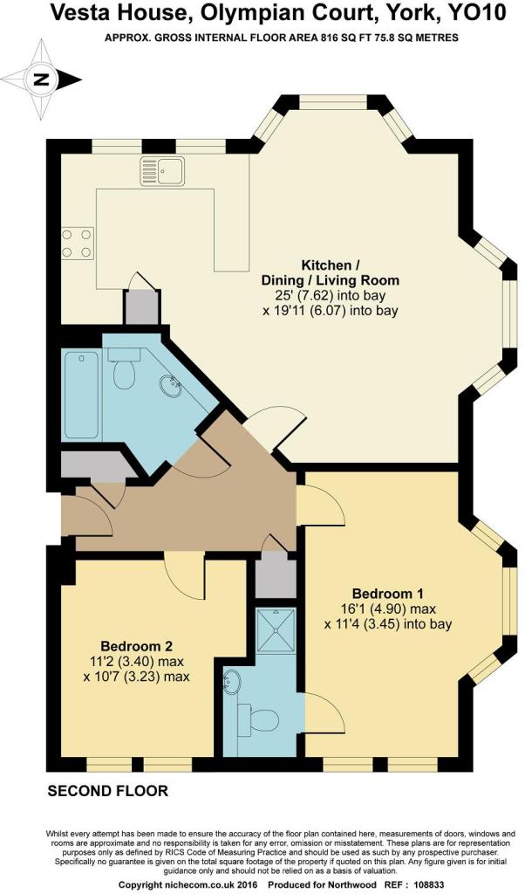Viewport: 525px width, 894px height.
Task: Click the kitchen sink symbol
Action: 162,170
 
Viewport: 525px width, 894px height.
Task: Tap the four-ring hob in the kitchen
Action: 77,243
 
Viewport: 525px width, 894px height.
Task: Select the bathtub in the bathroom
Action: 81,395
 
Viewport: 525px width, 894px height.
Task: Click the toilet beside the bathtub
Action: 124,368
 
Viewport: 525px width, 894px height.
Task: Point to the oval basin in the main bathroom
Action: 169,387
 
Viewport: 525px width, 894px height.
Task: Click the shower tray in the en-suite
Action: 276,631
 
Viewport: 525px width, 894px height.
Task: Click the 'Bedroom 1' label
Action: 388,593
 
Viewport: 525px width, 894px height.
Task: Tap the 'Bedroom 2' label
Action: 137,646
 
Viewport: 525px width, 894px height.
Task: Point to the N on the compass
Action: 40,79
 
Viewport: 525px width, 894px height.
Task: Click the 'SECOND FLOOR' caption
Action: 107,791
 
